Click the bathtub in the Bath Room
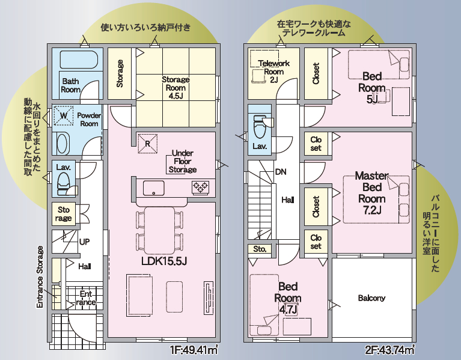click(79, 59)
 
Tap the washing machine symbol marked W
click(64, 115)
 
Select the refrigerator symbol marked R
click(148, 144)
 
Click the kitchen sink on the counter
click(153, 188)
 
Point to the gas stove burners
click(201, 187)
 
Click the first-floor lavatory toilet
click(64, 184)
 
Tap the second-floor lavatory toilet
click(259, 127)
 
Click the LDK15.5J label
click(164, 261)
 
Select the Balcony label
click(371, 298)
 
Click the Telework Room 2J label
click(273, 72)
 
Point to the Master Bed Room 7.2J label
click(371, 193)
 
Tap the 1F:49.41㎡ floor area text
click(194, 350)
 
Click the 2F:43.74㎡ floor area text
click(390, 350)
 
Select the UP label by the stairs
click(84, 242)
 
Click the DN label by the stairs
click(281, 172)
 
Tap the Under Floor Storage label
click(183, 161)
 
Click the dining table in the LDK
click(159, 230)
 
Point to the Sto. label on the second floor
click(260, 249)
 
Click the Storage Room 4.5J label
click(176, 88)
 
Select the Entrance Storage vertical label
click(40, 277)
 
